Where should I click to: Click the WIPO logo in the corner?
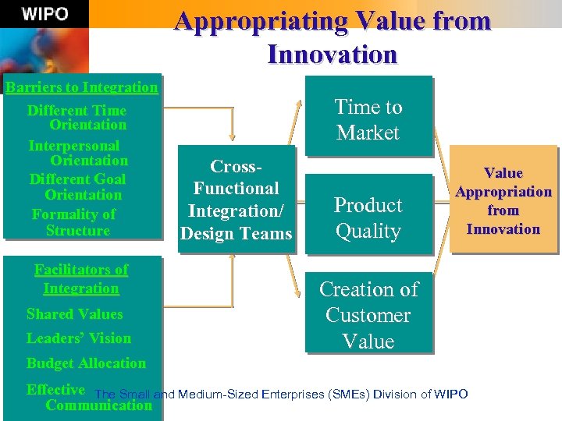44,14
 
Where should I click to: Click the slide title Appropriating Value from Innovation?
333,37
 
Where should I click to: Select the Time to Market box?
368,119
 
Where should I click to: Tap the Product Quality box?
368,218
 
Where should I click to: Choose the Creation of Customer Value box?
368,315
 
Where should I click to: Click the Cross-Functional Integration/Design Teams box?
237,200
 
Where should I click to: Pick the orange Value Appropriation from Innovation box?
503,200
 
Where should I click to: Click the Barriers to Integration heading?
81,87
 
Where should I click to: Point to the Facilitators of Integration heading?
81,278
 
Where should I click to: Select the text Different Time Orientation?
77,117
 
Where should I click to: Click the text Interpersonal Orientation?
78,153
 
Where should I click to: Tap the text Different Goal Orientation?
78,186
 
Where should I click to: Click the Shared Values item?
75,314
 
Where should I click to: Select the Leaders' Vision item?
79,338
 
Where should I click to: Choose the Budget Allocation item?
86,363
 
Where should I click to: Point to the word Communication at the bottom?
98,405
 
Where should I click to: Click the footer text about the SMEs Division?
281,394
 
